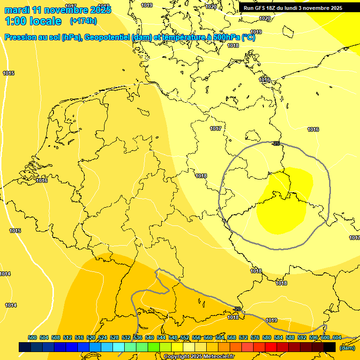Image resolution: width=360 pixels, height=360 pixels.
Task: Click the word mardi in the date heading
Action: (x=17, y=10)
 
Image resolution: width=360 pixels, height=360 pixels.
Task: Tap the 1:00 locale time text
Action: (x=33, y=21)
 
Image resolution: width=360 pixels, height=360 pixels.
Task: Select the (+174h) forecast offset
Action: (x=83, y=21)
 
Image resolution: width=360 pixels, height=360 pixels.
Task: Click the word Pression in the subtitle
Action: (x=20, y=37)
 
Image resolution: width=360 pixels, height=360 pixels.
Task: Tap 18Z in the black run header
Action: (x=275, y=8)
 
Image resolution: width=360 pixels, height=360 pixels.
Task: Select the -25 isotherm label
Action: (x=276, y=143)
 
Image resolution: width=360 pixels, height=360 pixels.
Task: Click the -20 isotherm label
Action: (x=238, y=309)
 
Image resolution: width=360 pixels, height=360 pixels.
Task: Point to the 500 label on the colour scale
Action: (x=32, y=337)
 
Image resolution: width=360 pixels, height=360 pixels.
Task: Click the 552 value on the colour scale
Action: (x=185, y=337)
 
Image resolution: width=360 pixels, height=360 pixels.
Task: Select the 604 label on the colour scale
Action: (x=337, y=337)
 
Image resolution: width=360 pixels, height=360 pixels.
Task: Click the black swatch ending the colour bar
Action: (x=330, y=347)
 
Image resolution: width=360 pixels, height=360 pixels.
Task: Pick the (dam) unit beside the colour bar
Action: (x=347, y=347)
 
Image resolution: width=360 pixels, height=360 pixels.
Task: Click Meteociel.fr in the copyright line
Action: (x=217, y=357)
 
